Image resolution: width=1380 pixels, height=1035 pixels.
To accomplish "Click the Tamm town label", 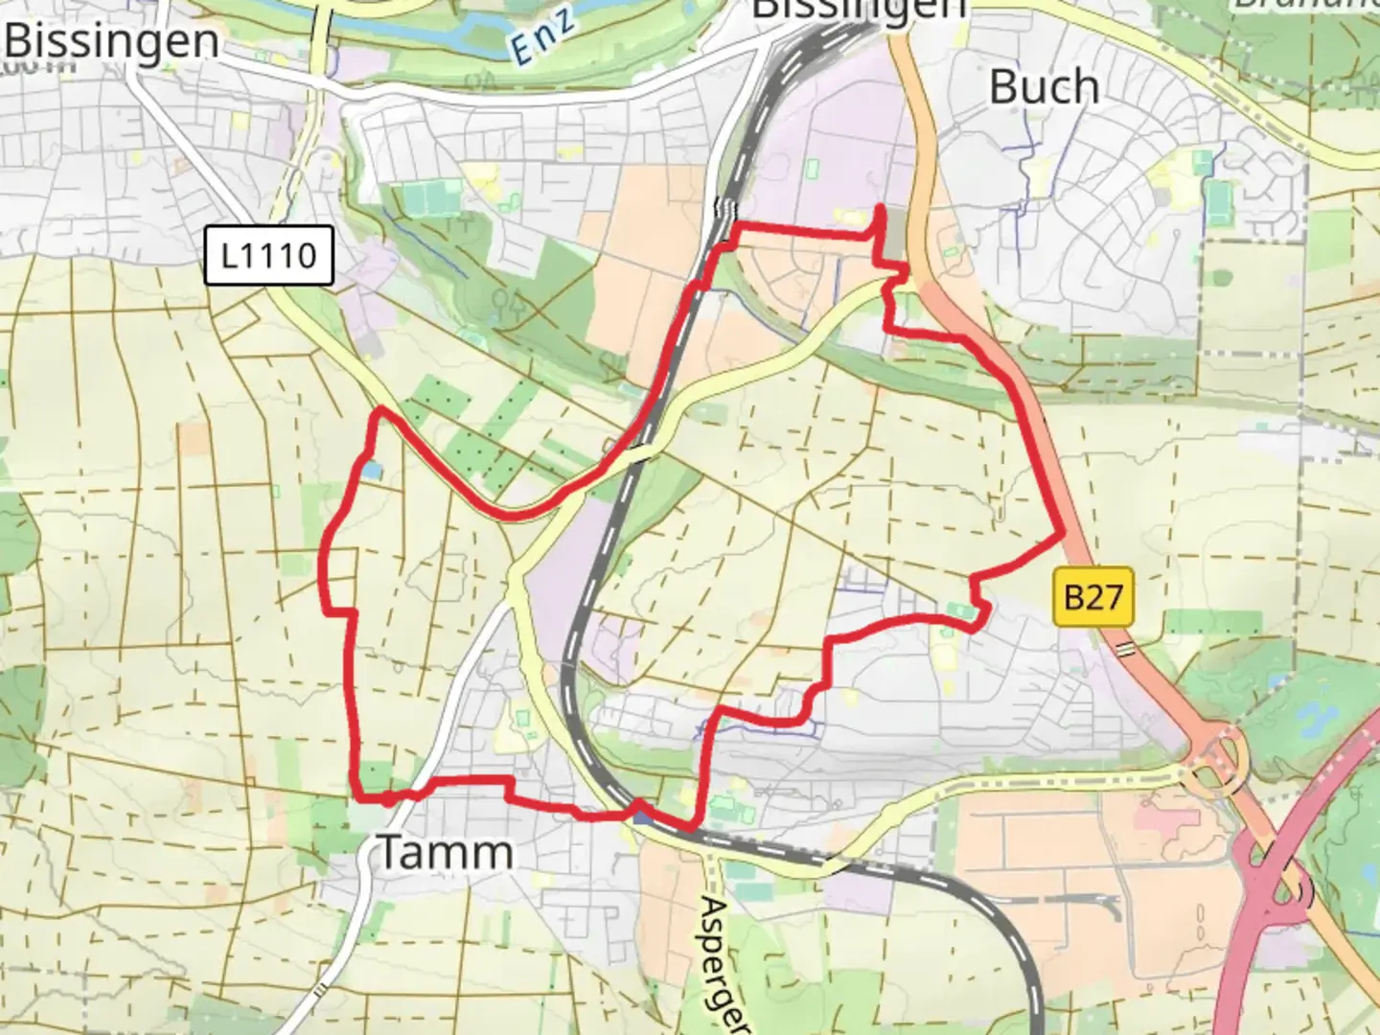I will coord(447,852).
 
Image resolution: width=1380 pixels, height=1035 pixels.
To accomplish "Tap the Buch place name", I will coord(1044,87).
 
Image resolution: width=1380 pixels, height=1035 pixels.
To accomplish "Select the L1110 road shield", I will coord(268,256).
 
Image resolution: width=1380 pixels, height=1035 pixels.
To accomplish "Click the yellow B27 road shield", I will coord(1092,597).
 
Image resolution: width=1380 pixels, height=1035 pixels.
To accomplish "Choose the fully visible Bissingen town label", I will coord(111,41).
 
